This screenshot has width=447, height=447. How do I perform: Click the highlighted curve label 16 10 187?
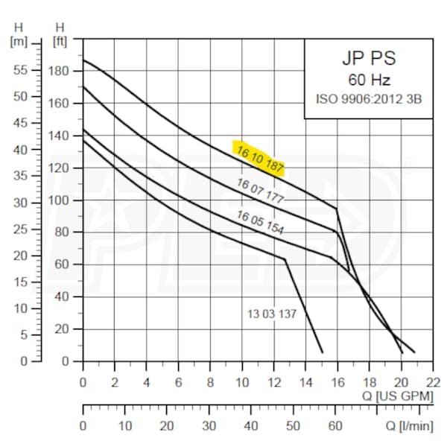tap(260, 157)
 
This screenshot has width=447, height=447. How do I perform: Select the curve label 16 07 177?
tap(261, 191)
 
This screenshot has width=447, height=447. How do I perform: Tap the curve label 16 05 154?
tap(260, 223)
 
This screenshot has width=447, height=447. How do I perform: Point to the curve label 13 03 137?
tap(272, 314)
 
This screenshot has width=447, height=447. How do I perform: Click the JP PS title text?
tap(369, 58)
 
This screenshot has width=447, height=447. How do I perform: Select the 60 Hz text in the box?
tap(369, 80)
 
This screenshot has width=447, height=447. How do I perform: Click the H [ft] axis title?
tap(60, 33)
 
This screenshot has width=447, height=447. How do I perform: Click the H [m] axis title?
tap(17, 33)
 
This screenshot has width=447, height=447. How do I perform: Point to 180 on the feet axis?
tap(58, 71)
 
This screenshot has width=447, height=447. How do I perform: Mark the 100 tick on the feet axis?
tap(58, 201)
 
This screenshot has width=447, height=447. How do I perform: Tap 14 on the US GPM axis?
tap(306, 381)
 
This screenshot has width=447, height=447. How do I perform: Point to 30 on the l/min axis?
tap(209, 425)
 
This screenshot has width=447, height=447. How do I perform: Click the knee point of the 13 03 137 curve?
tap(285, 259)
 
